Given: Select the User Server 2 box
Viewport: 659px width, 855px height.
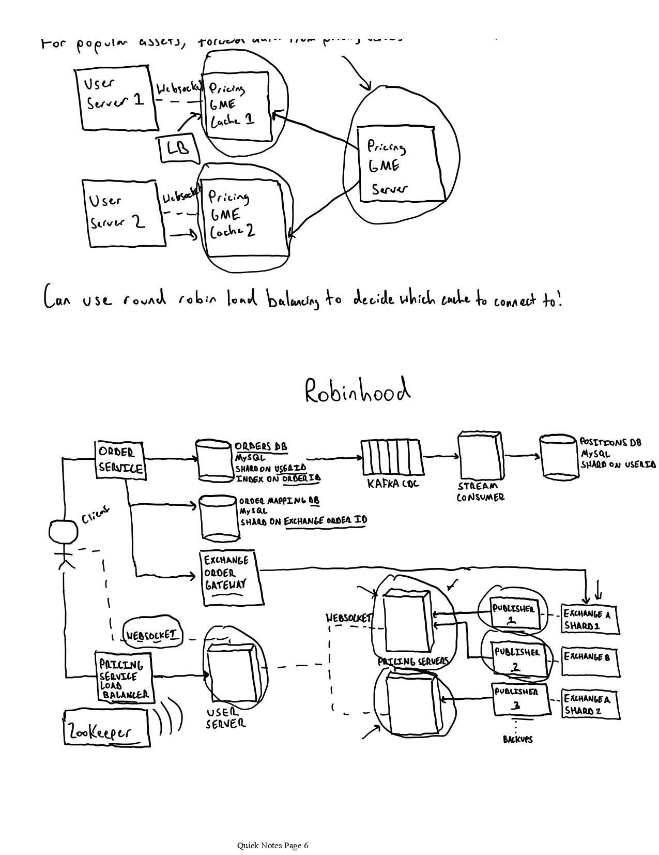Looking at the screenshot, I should click(x=122, y=212).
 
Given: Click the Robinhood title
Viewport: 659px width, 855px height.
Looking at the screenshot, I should click(x=357, y=392).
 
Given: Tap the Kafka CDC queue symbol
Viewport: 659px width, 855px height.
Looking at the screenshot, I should click(x=391, y=457).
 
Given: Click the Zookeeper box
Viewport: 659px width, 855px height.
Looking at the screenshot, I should click(x=106, y=728).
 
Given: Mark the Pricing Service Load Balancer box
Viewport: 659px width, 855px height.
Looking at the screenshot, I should click(x=124, y=677).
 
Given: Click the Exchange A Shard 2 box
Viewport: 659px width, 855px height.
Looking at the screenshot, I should click(x=590, y=704).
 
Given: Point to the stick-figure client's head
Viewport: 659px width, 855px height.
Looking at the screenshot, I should click(x=63, y=532).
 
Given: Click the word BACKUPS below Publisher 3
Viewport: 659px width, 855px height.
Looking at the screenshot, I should click(x=517, y=740).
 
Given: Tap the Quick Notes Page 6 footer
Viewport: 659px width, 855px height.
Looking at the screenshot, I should click(x=272, y=846).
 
